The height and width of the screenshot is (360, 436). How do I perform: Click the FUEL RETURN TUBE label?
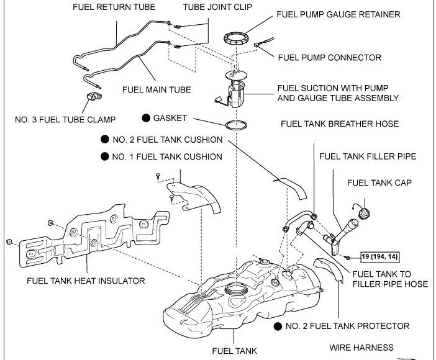coord(114,8)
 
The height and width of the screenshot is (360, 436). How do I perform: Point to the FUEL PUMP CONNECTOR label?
coord(329,58)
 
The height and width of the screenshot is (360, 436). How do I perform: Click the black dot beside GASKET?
coord(145,118)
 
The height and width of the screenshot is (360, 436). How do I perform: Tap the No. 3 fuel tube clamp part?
coord(93,97)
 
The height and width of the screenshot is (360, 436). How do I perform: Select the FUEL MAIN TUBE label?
coord(157,89)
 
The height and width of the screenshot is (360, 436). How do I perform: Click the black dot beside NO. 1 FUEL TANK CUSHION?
coord(103,157)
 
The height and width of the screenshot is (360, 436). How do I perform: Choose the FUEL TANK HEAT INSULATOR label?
coord(86,281)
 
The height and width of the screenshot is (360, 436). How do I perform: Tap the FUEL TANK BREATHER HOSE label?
coord(340,124)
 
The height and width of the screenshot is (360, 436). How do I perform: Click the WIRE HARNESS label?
coord(361,348)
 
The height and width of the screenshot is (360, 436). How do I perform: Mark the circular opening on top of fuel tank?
coord(235,288)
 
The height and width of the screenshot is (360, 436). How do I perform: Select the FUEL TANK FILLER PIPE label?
coord(368,157)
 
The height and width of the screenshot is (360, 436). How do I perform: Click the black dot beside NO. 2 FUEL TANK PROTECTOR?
coord(278,326)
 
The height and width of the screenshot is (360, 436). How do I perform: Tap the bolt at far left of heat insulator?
coord(9,241)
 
